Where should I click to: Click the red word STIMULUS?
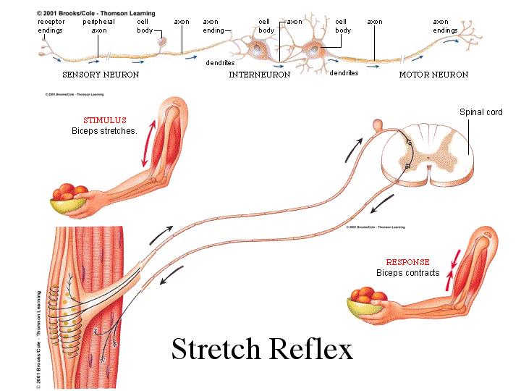pyautogui.click(x=104, y=120)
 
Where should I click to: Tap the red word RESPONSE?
pyautogui.click(x=407, y=262)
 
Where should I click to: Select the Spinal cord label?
pyautogui.click(x=480, y=112)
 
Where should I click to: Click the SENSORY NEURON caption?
pyautogui.click(x=101, y=75)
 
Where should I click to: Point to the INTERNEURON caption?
pyautogui.click(x=260, y=75)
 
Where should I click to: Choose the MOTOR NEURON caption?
pyautogui.click(x=433, y=75)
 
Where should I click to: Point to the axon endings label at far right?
pyautogui.click(x=445, y=26)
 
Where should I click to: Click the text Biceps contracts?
pyautogui.click(x=407, y=273)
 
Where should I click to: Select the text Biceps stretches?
pyautogui.click(x=104, y=131)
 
